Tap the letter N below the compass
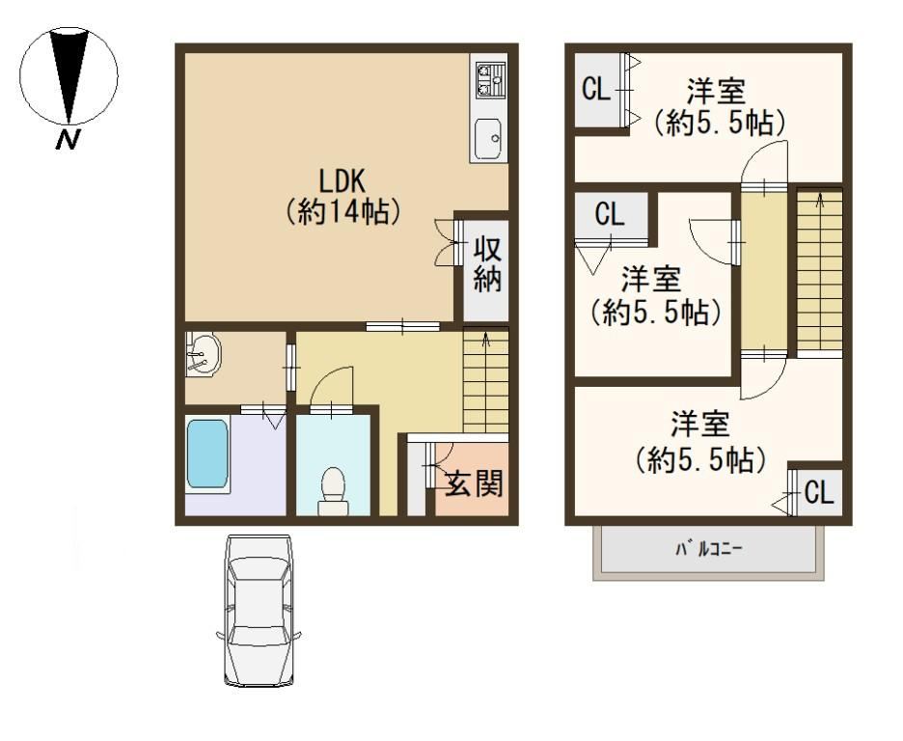[x=68, y=139]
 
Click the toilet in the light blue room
[x=333, y=490]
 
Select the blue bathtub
[x=207, y=454]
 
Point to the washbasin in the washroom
[x=203, y=354]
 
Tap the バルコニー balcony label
[x=708, y=549]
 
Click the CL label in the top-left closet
[x=595, y=90]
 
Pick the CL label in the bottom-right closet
[x=819, y=493]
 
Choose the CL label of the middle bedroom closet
[x=610, y=214]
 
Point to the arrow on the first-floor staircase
[x=485, y=341]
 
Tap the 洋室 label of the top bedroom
[x=716, y=91]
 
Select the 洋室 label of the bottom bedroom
[x=700, y=424]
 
